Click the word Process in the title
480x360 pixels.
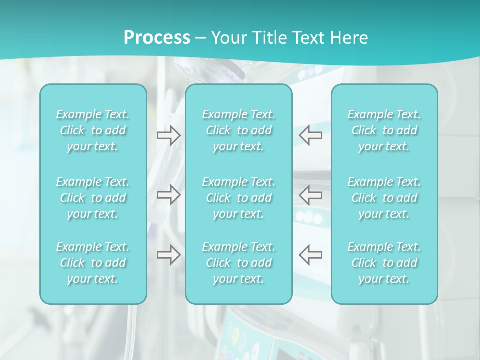157,38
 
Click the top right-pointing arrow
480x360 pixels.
168,135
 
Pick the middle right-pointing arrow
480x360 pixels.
168,194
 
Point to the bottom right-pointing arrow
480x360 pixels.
168,254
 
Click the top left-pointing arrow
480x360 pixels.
311,135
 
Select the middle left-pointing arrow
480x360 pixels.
311,194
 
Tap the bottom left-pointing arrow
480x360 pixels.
311,254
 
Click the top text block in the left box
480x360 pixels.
93,130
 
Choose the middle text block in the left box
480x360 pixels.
93,198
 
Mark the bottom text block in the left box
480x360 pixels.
93,263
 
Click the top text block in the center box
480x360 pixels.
238,130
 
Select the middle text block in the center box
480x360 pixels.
238,198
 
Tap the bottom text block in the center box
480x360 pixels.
238,263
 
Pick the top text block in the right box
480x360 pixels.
384,130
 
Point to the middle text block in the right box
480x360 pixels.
384,198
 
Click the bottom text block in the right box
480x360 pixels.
384,263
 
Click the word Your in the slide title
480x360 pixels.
228,38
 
